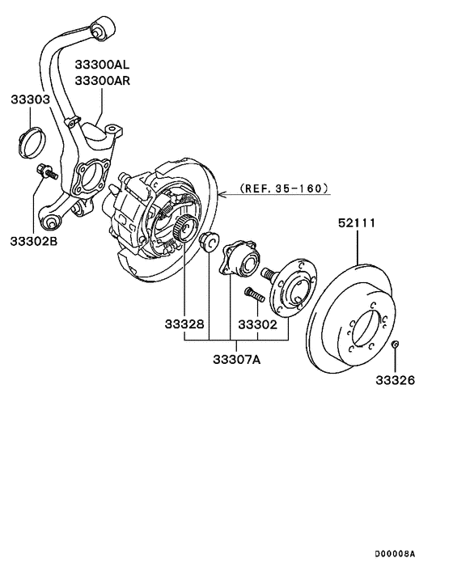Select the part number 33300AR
[103, 81]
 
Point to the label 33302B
[34, 240]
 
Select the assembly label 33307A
[235, 359]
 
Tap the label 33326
[394, 379]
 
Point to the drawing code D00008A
[394, 554]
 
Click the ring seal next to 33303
[30, 142]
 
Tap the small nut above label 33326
[395, 345]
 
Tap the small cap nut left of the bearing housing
[208, 240]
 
